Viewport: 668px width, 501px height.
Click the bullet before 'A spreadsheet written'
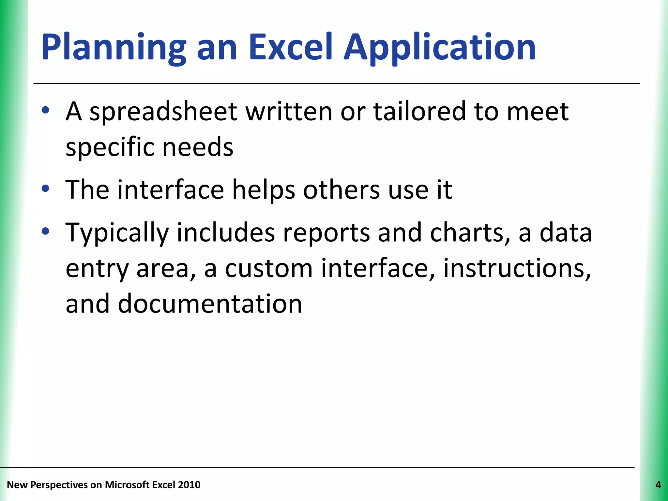tap(46, 110)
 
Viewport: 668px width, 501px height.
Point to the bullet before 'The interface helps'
tap(46, 189)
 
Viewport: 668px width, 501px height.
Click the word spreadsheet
tap(163, 112)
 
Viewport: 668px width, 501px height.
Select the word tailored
tap(419, 111)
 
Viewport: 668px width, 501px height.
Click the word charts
tap(470, 233)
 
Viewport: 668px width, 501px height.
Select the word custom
tap(269, 269)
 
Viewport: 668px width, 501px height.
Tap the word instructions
tap(517, 269)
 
